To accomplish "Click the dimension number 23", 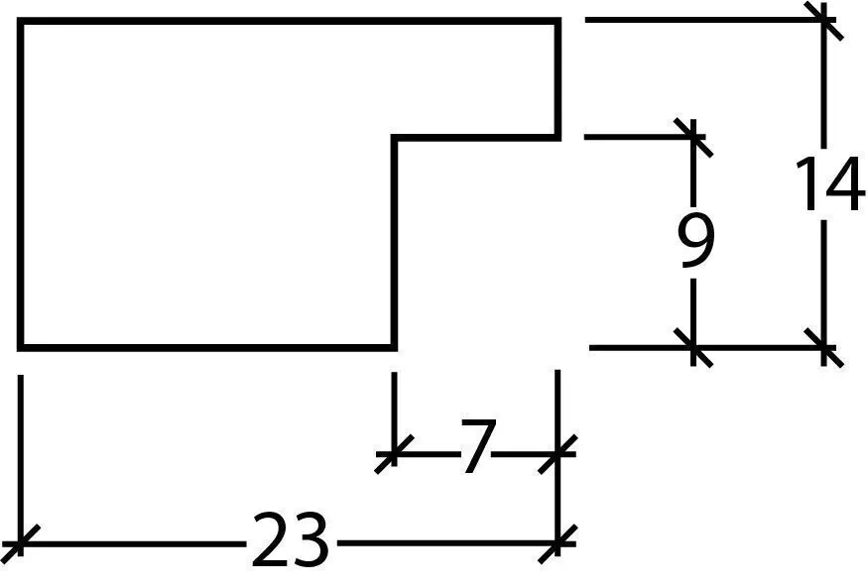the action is (291, 539).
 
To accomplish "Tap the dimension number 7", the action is (475, 446).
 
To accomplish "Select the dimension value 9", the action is (695, 240).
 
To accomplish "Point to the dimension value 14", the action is (828, 183).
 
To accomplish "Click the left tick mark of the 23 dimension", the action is (21, 542).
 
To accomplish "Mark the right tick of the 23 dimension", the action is (558, 543).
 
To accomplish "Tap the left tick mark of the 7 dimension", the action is (394, 454).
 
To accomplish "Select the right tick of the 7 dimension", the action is (558, 454).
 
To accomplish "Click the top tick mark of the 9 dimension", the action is (693, 137).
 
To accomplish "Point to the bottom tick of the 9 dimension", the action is (693, 347).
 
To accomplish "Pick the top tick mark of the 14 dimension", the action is (824, 21).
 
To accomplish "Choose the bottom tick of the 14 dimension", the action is (824, 347).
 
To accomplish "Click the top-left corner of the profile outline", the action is (21, 21).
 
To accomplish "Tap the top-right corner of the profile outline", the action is (558, 21).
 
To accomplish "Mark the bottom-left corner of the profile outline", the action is (21, 347).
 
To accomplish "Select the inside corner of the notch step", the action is (394, 137).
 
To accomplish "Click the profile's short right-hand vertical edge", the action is (558, 79).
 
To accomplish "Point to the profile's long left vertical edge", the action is (21, 184).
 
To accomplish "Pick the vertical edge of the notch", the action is (394, 242).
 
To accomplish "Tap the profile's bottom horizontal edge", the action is (207, 347).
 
